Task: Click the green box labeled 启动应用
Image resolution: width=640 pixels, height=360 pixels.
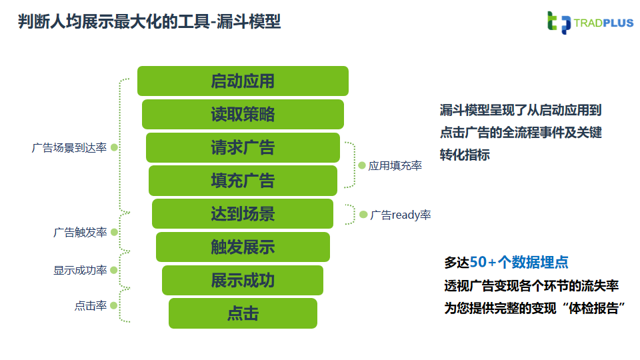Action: tap(243, 81)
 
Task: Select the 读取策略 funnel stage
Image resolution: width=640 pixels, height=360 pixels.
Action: tap(243, 115)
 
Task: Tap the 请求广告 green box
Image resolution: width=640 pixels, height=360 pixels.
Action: tap(243, 147)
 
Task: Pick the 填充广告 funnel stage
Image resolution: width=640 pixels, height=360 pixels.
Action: tap(243, 181)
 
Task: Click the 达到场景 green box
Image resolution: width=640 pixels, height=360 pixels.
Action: tap(243, 214)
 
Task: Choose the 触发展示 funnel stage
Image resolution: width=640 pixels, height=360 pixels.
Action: tap(243, 247)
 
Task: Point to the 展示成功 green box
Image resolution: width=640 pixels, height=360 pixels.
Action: tap(243, 281)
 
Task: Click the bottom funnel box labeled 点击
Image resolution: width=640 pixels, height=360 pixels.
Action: tap(243, 313)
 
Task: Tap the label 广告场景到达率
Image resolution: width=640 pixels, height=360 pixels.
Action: tap(69, 148)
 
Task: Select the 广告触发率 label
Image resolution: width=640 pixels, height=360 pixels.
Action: tap(80, 233)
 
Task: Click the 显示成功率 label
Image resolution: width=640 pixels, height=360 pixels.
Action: tap(80, 271)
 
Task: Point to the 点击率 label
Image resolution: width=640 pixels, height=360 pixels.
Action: tap(91, 306)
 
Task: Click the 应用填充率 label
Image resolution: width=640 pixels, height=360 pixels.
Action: tap(395, 166)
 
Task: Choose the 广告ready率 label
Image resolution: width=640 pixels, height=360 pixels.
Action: tap(401, 215)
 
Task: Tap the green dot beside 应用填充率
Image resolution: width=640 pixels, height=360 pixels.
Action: tap(362, 165)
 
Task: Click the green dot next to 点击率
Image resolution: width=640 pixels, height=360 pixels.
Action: tap(114, 305)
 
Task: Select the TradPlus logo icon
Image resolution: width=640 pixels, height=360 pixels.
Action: tap(558, 23)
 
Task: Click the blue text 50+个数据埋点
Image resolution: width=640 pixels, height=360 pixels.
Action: tap(519, 262)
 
